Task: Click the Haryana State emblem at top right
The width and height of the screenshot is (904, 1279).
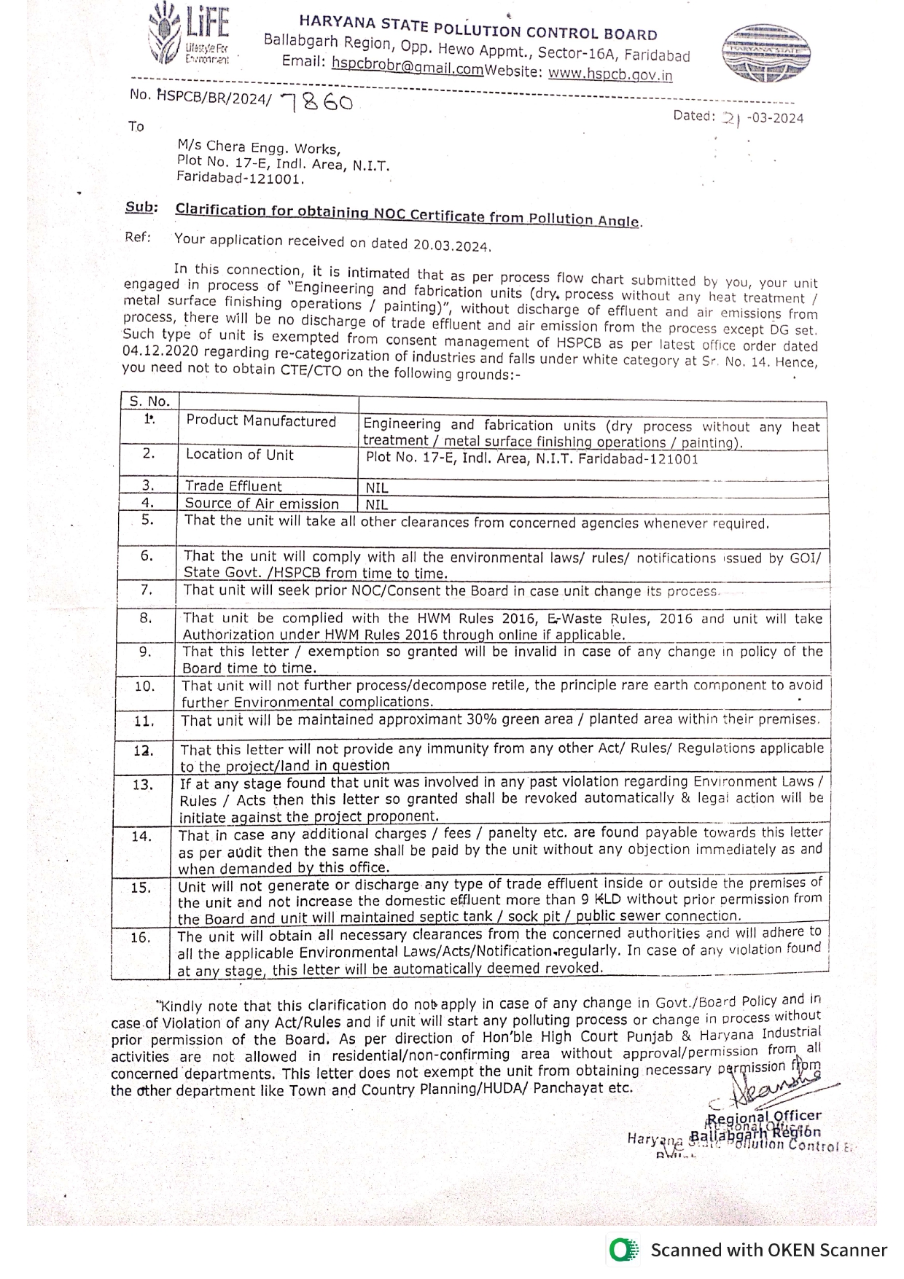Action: [765, 52]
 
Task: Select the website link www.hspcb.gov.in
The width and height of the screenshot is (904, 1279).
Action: [610, 74]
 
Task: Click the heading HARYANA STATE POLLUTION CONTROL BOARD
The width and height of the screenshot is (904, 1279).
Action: [478, 29]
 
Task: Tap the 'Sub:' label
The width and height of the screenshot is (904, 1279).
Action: [141, 207]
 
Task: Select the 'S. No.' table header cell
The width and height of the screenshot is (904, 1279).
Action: [149, 401]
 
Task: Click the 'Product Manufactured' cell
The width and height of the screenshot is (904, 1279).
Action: [261, 421]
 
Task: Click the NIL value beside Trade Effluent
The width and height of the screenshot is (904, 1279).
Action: [377, 488]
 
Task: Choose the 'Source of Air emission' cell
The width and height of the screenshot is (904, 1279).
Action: [262, 504]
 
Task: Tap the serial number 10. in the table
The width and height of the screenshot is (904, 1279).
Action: [145, 687]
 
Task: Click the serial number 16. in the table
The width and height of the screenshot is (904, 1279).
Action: [141, 938]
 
